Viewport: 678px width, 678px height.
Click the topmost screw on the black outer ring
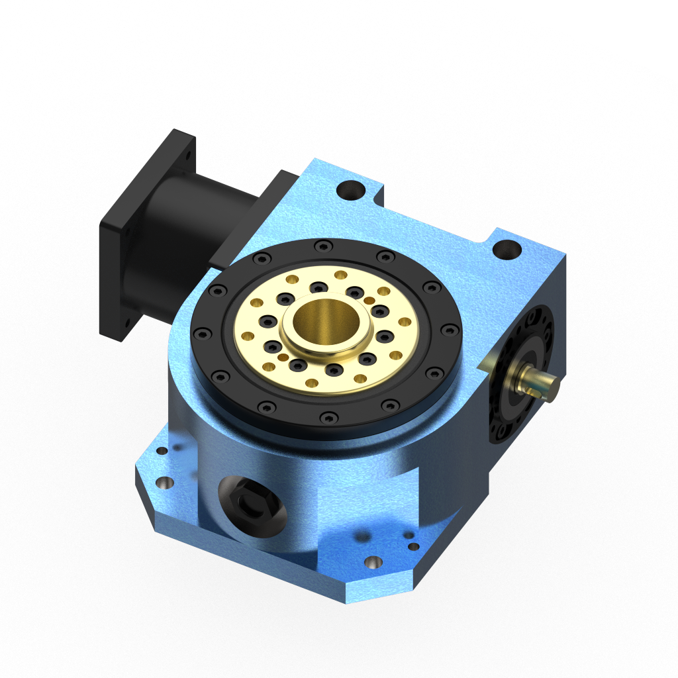click(x=322, y=247)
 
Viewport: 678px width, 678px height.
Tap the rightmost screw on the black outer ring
click(x=450, y=329)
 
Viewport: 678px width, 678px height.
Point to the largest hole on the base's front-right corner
click(x=373, y=562)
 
